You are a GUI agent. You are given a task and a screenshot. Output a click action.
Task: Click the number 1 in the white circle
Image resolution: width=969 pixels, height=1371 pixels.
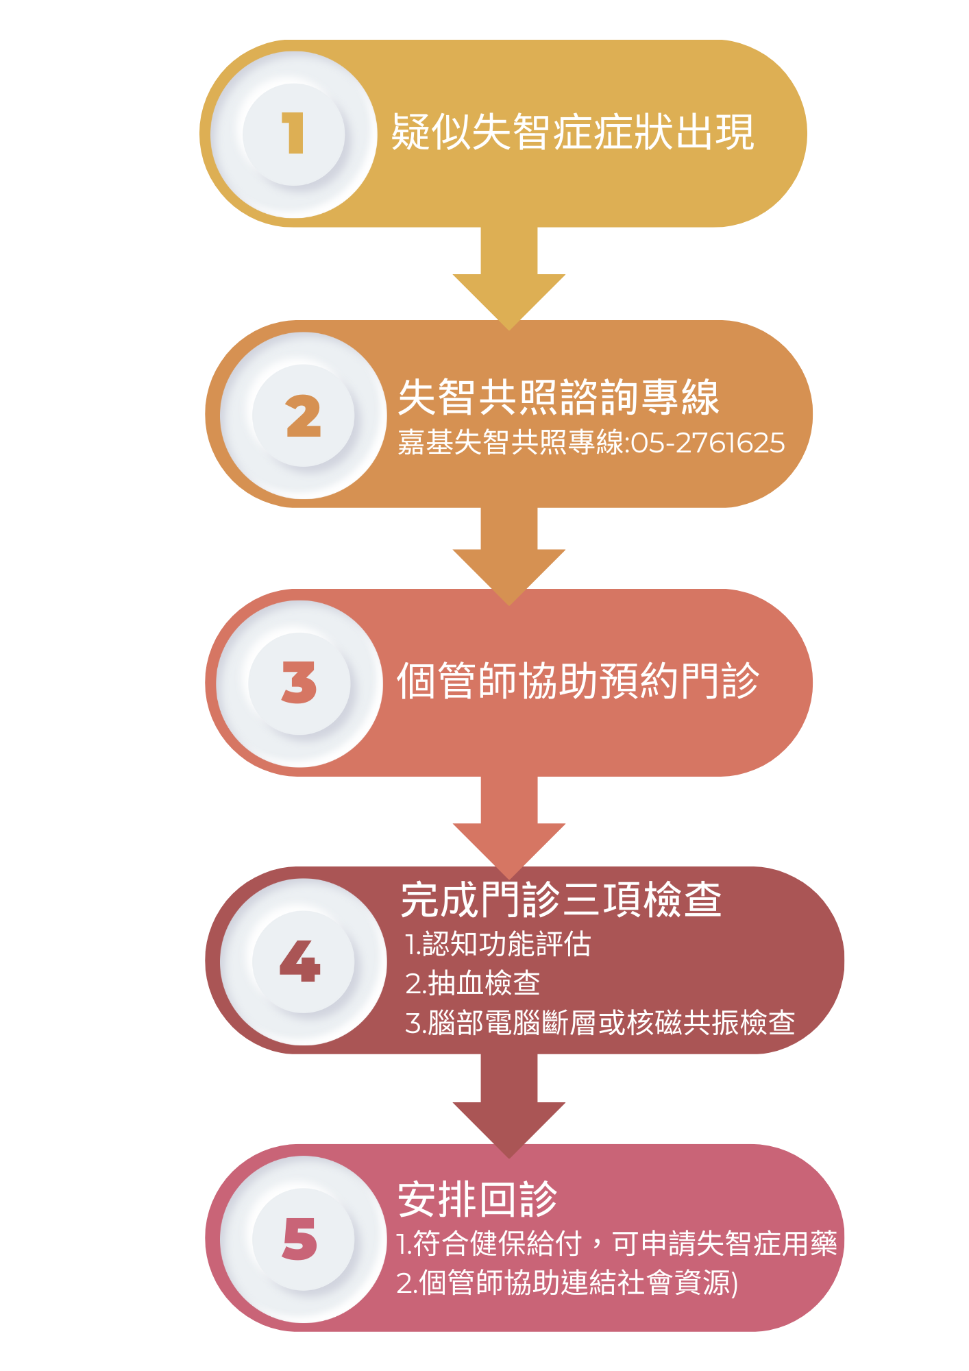click(x=293, y=133)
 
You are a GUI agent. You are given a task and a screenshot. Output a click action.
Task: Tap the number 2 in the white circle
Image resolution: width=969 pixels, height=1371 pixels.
click(x=303, y=416)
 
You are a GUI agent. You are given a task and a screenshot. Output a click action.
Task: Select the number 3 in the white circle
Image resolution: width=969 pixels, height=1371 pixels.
click(x=299, y=683)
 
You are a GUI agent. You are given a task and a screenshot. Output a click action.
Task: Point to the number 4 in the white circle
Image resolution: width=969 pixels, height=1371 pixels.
click(x=300, y=961)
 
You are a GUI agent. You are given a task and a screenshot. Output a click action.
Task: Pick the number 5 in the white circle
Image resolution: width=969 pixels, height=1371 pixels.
click(x=300, y=1239)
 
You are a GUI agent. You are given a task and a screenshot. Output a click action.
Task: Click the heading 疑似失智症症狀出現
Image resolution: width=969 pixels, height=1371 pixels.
click(x=572, y=132)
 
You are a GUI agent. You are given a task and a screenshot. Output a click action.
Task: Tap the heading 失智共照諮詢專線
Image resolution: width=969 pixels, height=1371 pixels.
click(x=559, y=397)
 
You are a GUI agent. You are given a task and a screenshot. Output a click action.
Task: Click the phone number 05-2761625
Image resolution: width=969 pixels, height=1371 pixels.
click(x=707, y=443)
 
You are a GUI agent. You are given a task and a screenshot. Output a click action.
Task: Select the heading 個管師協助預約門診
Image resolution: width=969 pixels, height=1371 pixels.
click(x=578, y=681)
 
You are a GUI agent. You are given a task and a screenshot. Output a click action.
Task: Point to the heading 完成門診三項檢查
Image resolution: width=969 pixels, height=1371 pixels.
click(x=561, y=899)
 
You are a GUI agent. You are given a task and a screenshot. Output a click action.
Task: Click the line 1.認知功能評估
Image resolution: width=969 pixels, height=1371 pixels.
click(x=498, y=945)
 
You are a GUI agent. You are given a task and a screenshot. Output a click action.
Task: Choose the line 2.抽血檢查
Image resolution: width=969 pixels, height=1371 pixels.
click(x=473, y=984)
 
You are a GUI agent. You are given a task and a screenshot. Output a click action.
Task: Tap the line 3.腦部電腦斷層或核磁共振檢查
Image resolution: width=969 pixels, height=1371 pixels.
click(x=600, y=1023)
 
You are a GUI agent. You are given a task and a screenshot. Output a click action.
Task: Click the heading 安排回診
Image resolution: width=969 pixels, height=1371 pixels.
click(x=478, y=1200)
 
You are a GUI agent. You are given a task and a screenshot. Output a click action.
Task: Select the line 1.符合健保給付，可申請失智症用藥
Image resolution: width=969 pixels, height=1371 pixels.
click(x=617, y=1243)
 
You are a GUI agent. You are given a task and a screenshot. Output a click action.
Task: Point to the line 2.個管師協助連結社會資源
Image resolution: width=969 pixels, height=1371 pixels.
click(x=567, y=1283)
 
